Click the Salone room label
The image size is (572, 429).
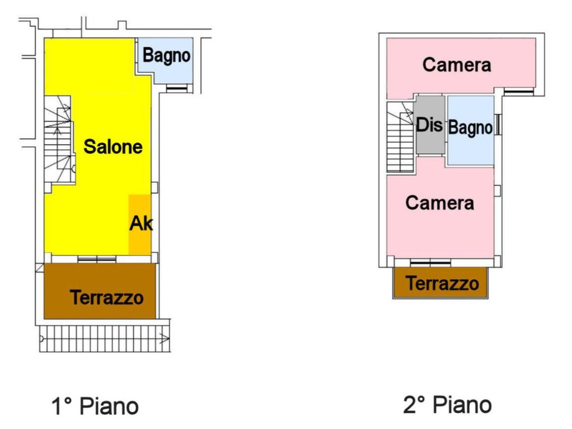pyautogui.click(x=113, y=147)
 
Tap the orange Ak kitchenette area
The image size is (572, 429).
pyautogui.click(x=140, y=224)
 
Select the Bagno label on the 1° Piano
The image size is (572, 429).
pyautogui.click(x=166, y=56)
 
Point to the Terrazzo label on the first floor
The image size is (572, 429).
pyautogui.click(x=106, y=297)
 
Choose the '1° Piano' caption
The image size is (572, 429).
pyautogui.click(x=94, y=406)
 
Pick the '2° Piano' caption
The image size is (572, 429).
pyautogui.click(x=447, y=404)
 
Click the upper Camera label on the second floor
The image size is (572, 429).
pyautogui.click(x=456, y=65)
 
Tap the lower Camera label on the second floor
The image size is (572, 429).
pyautogui.click(x=440, y=202)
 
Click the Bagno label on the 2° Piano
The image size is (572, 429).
pyautogui.click(x=470, y=128)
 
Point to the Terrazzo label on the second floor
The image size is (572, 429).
pyautogui.click(x=442, y=283)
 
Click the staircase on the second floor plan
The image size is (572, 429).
pyautogui.click(x=400, y=138)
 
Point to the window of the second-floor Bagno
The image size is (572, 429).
pyautogui.click(x=498, y=125)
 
